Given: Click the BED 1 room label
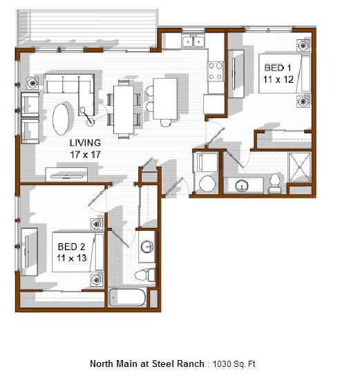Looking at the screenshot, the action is coord(278,68).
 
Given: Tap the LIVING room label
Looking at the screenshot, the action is coord(85,143).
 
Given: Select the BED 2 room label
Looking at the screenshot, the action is coord(71,247).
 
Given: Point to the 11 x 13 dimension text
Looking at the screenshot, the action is coord(72,258).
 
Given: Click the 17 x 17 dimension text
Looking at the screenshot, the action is coord(85,155).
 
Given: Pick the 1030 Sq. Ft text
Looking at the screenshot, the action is coord(234,363).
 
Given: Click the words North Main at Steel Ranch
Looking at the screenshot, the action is coord(147,363).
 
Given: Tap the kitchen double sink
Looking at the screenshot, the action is coord(193,41).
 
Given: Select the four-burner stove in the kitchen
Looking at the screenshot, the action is coord(216,71).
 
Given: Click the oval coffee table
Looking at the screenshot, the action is coord(61,119).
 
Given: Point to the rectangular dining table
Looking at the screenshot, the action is coord(124,110).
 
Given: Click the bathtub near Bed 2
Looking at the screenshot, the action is coord(127,297).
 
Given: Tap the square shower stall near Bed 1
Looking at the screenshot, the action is coord(300,167).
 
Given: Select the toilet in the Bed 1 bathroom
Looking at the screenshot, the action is coord(275,183).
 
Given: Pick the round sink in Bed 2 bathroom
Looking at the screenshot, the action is coord(147,247).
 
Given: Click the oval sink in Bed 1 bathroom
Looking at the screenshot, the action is coord(242,186).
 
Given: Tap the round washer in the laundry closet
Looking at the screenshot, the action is coord(207,184).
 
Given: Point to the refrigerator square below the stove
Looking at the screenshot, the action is coord(214,104).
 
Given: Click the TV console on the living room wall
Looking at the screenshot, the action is coord(66,175).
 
